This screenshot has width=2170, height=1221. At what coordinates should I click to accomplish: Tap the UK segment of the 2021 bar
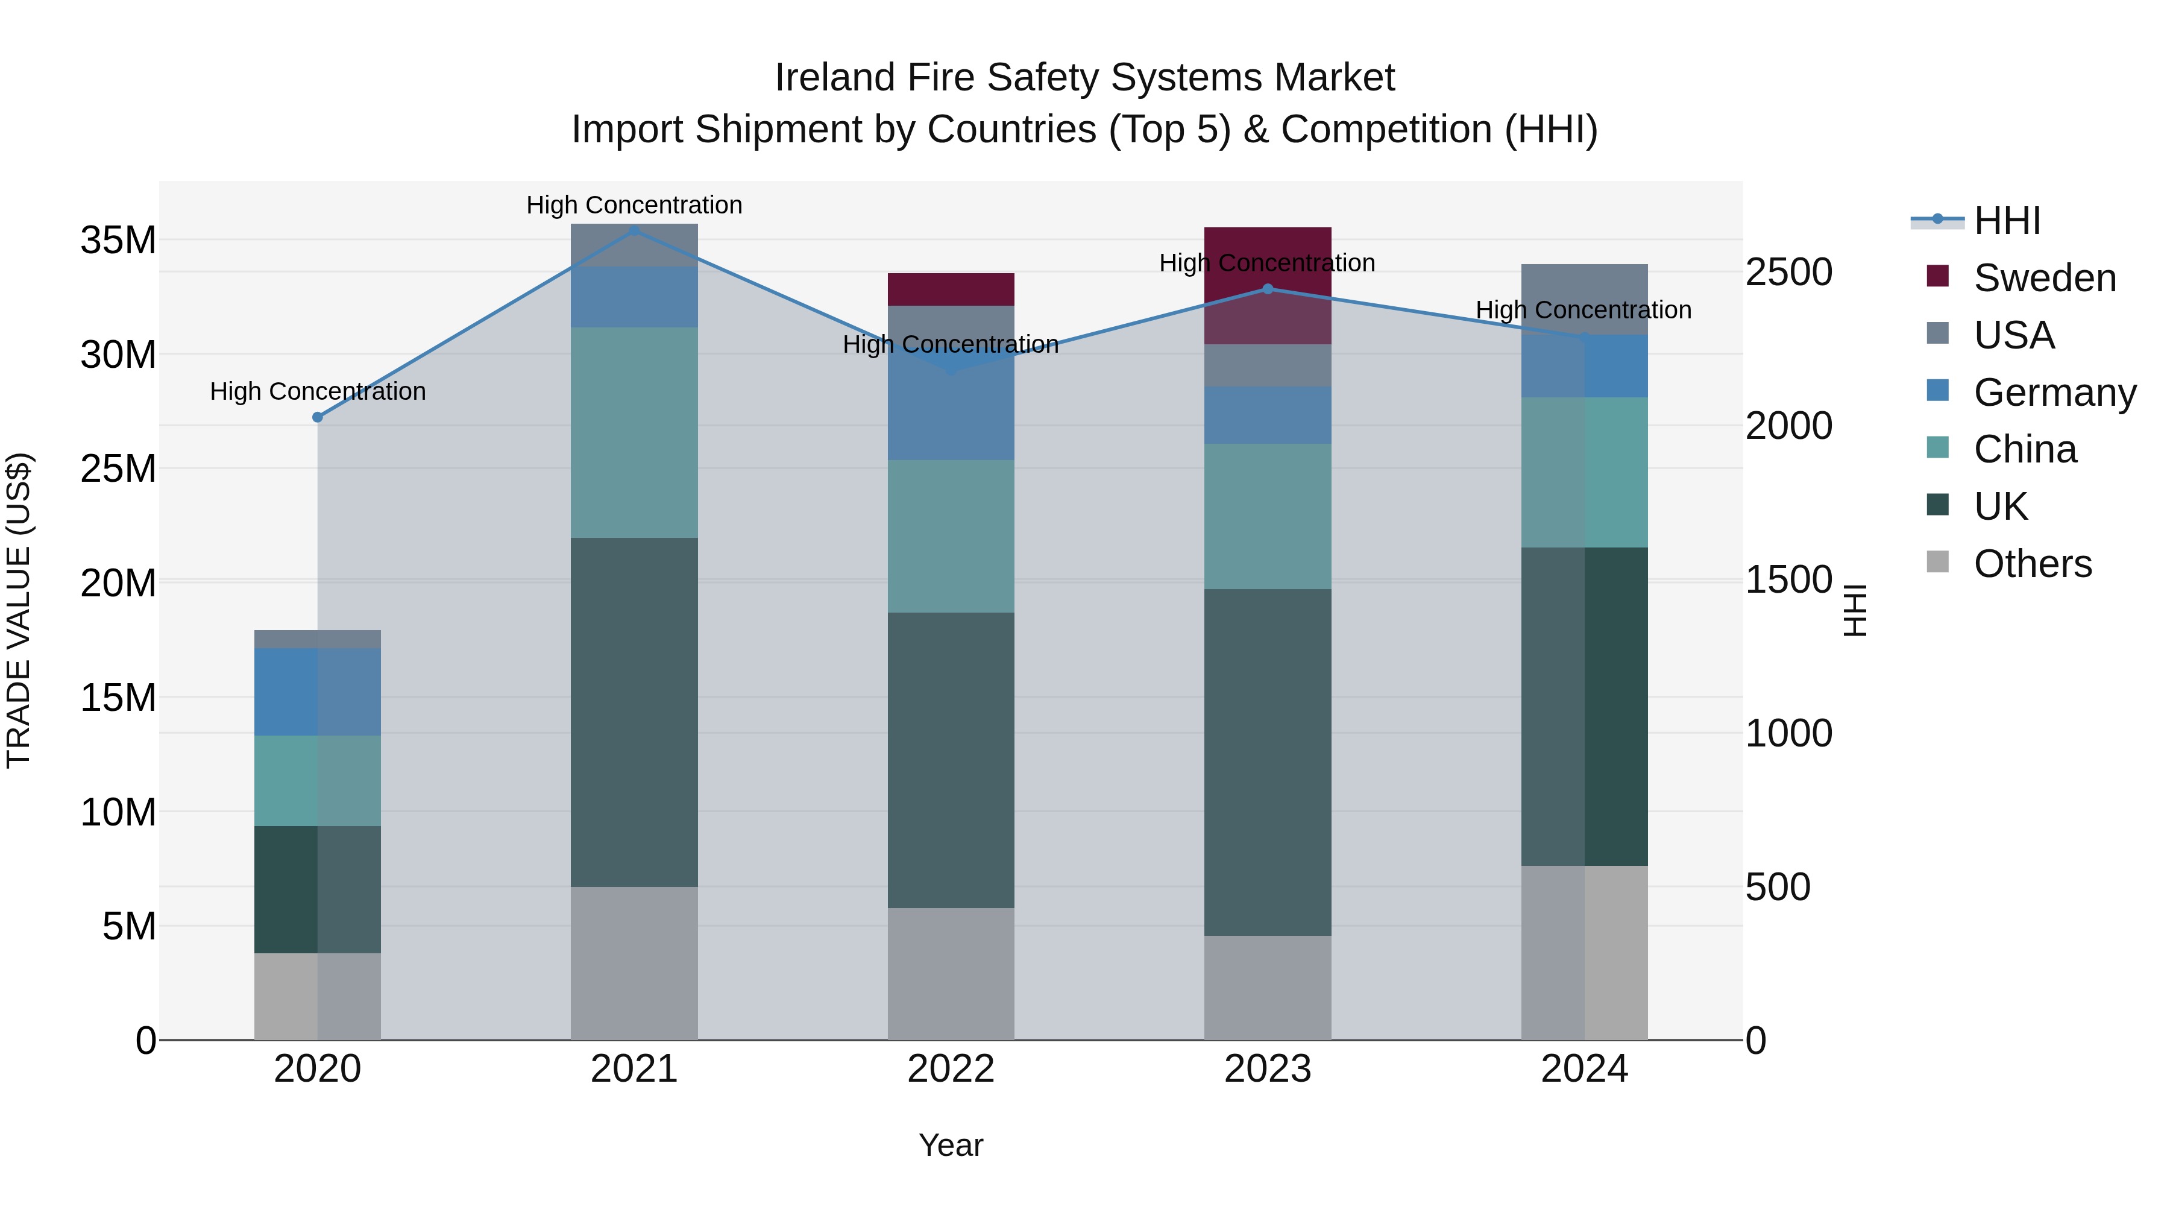click(x=634, y=712)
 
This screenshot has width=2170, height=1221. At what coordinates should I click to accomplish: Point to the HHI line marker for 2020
click(x=318, y=417)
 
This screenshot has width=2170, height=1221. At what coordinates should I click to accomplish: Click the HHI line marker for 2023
click(x=1267, y=289)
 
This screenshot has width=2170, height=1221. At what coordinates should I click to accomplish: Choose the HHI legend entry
click(x=2007, y=221)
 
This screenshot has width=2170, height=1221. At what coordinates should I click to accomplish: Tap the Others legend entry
click(x=2032, y=564)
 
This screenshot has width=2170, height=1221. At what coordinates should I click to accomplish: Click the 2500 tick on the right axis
click(x=1788, y=272)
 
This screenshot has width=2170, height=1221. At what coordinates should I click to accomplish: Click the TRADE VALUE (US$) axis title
click(x=19, y=610)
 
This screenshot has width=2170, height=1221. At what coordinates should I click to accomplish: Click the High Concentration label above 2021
click(x=634, y=205)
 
